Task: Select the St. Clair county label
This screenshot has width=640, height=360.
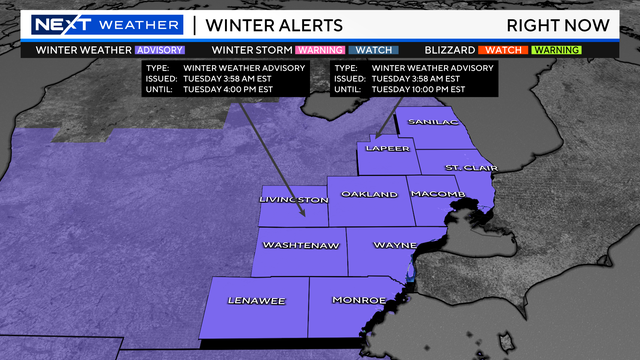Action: point(465,166)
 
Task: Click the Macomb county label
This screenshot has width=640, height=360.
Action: point(436,193)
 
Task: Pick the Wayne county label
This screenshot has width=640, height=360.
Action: point(395,245)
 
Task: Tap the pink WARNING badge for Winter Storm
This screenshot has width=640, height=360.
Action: point(320,49)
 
